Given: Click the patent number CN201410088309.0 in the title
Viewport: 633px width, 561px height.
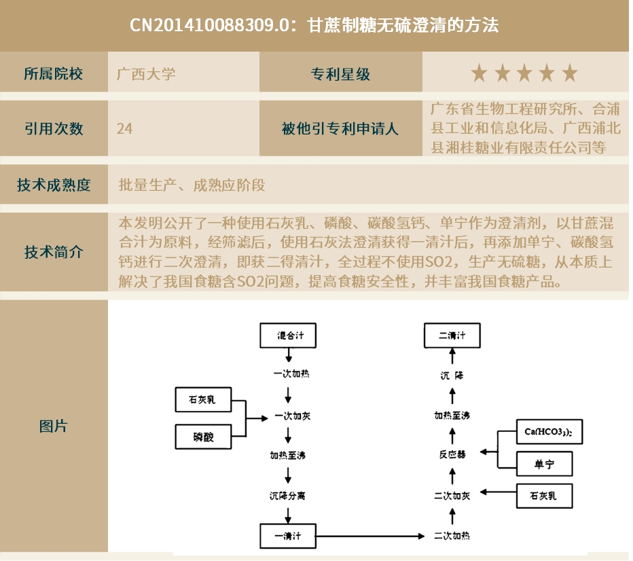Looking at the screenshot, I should tap(215, 26).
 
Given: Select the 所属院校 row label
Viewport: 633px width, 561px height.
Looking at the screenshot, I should tap(53, 73).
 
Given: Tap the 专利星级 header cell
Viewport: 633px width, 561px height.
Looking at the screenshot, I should tap(340, 73).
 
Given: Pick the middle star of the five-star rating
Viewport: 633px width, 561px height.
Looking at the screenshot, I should tap(524, 73).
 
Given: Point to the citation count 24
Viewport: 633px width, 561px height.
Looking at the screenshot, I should tap(124, 128).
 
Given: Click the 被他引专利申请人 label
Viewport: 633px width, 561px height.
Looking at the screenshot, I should tap(340, 128).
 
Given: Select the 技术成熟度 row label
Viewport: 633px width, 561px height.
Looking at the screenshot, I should tap(53, 185).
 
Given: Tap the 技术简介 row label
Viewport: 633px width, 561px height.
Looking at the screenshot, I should tap(53, 252).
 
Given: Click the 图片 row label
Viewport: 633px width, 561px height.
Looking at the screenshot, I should tap(53, 427).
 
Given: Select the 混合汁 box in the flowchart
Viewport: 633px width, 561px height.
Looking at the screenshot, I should tap(289, 336).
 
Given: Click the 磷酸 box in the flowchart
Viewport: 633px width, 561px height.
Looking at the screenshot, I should tap(203, 436).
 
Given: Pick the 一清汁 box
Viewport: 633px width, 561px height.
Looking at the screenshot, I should tap(289, 536).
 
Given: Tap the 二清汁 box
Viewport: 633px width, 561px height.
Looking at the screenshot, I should tap(452, 336).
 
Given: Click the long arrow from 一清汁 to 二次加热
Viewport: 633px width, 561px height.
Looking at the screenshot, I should tap(370, 537).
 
